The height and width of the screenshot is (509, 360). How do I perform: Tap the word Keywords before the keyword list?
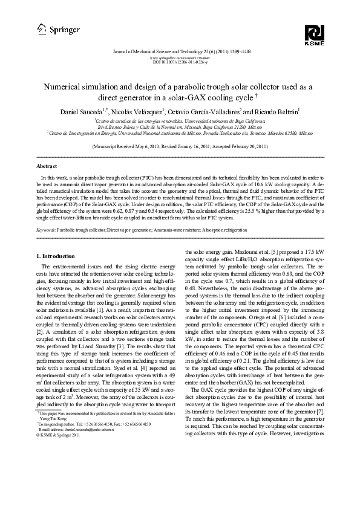(47, 230)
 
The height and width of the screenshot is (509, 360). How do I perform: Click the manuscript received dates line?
(180, 147)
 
